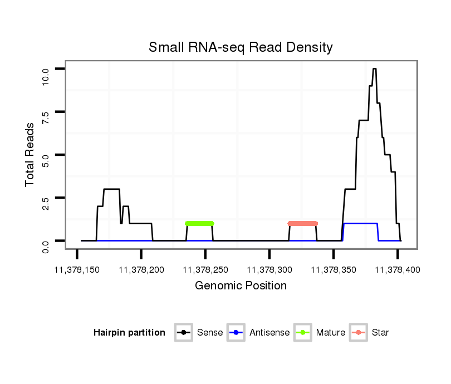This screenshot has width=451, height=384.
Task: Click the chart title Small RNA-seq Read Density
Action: (241, 47)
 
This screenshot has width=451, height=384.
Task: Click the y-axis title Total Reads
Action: (30, 154)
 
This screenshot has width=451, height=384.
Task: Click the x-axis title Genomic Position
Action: (241, 286)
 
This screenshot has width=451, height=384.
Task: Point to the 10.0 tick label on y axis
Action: (46, 75)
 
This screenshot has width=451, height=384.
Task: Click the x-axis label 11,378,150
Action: (77, 270)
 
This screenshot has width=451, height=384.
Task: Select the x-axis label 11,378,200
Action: (141, 270)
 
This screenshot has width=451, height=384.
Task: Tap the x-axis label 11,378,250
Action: (205, 270)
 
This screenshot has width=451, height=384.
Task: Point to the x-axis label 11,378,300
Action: (269, 270)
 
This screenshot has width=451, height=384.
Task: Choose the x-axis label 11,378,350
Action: (333, 270)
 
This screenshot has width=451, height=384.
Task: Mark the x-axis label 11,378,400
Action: (397, 270)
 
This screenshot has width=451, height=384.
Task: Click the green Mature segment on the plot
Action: (199, 223)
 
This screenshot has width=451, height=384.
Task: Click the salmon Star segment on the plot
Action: (302, 223)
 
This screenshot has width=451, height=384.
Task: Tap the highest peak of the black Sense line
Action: (375, 68)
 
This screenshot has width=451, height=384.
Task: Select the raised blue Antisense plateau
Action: (361, 223)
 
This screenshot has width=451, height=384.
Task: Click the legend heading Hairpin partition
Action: (129, 333)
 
